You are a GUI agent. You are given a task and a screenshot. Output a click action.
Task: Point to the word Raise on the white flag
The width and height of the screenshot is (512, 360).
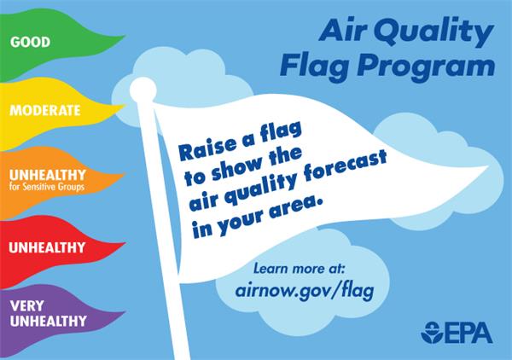(201, 146)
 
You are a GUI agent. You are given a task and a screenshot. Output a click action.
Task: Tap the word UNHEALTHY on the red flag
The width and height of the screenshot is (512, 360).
(46, 247)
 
